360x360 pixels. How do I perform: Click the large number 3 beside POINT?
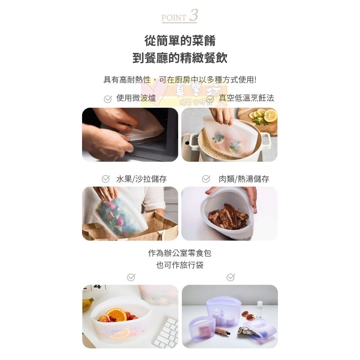[193, 15]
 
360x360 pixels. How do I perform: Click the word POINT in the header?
[174, 18]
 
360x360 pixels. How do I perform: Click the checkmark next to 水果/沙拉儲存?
[105, 179]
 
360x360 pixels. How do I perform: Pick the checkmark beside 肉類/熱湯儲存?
[206, 179]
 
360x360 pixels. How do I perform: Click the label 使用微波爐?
[136, 98]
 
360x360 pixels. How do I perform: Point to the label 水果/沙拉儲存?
[141, 179]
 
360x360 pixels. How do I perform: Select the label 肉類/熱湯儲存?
[244, 179]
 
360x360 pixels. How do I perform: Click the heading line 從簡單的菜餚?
[180, 41]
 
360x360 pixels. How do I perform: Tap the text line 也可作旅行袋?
[180, 265]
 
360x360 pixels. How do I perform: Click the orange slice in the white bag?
[117, 315]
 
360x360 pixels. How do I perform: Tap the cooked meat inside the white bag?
[228, 216]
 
